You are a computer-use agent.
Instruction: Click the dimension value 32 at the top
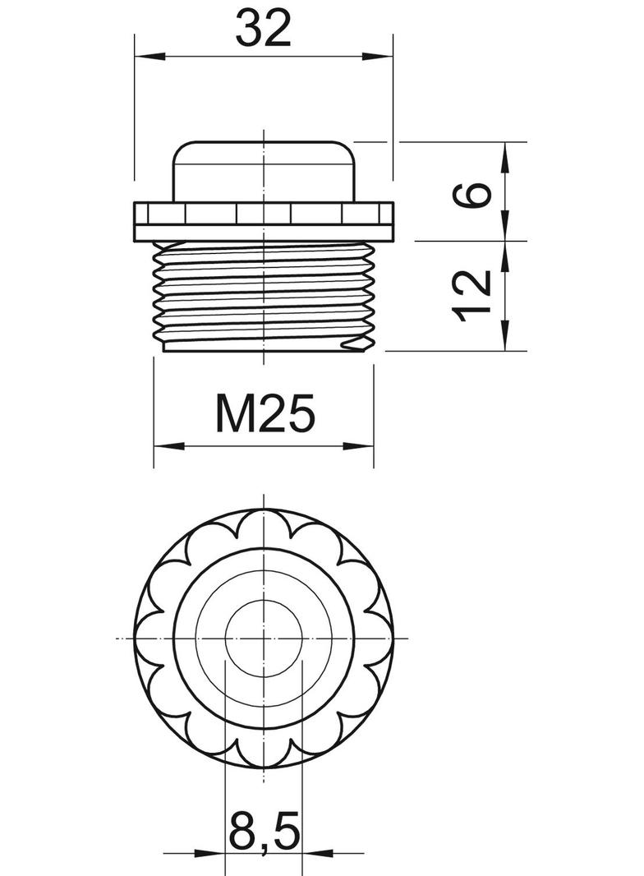(x=263, y=29)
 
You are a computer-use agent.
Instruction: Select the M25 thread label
(x=265, y=413)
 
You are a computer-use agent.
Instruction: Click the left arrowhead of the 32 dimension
(x=151, y=56)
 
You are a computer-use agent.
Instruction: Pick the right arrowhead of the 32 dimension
(x=377, y=56)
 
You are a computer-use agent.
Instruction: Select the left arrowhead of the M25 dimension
(x=169, y=446)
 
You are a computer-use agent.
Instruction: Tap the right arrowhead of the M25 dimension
(x=358, y=446)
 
